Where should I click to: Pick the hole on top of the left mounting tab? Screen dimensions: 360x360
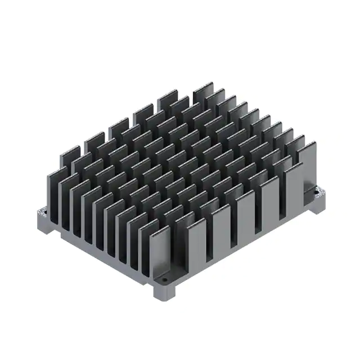pyautogui.click(x=42, y=211)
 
